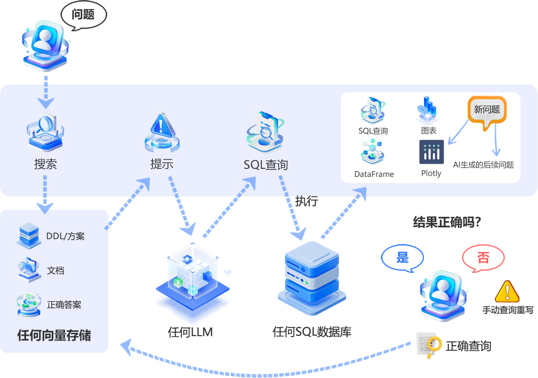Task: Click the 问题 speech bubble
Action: coord(83,15)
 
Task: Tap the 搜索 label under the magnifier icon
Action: coord(46,165)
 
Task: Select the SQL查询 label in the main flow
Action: coord(265,165)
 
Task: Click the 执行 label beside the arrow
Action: coord(306,201)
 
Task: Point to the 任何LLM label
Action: coord(190,332)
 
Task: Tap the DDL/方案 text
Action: coord(66,236)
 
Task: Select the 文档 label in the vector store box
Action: coord(56,271)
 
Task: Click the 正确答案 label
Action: coord(64,305)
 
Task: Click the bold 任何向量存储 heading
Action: coord(54,336)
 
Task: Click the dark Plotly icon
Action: coord(432,152)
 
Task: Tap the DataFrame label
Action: coord(374,174)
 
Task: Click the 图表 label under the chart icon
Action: coord(428,130)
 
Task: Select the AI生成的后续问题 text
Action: coord(483,165)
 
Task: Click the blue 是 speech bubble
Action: coord(402,258)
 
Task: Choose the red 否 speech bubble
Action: coord(483,258)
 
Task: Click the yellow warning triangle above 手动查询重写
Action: coord(507,292)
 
